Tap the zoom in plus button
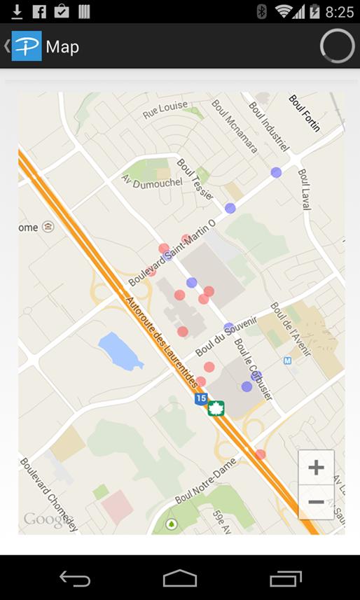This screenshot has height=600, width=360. [316, 468]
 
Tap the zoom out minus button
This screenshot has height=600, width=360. [316, 502]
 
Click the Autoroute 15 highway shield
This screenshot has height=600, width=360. [201, 398]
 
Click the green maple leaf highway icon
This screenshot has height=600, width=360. [216, 408]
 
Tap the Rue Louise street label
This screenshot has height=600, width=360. [165, 109]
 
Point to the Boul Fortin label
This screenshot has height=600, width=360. [305, 113]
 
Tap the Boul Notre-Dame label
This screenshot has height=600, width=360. [206, 481]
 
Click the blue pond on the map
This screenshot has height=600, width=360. [120, 351]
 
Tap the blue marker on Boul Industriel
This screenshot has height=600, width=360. [276, 172]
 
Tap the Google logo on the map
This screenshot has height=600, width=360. [46, 519]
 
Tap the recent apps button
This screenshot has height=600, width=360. [285, 578]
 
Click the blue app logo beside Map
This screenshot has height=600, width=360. [27, 46]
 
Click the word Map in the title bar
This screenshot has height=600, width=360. [62, 47]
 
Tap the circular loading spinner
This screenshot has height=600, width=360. [337, 46]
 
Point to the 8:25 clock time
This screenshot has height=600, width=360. [340, 12]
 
